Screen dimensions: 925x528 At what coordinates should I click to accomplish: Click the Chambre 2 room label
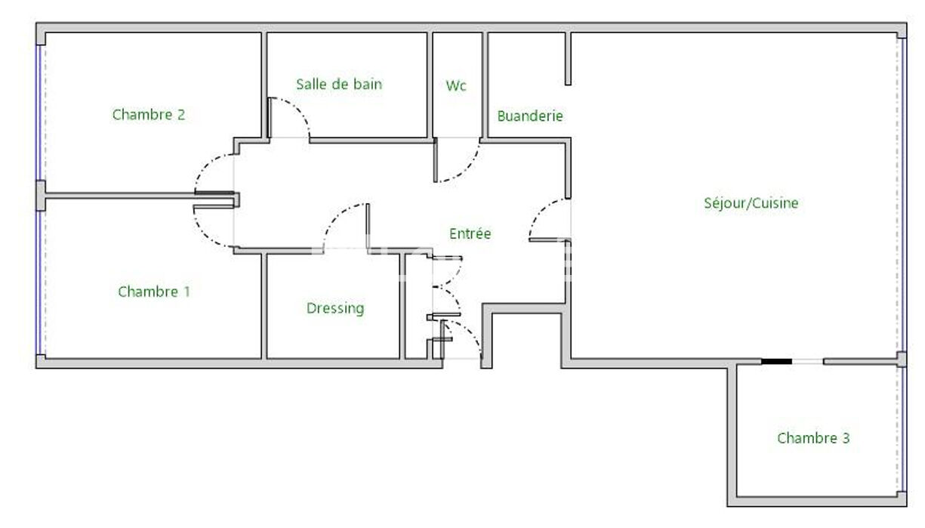(149, 115)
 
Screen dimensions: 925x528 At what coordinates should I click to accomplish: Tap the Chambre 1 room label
(154, 292)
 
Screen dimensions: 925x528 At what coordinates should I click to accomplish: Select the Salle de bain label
(339, 85)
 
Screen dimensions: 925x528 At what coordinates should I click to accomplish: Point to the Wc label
(456, 85)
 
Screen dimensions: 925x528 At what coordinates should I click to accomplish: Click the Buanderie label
(530, 116)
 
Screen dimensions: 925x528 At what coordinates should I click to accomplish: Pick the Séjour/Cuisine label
(751, 203)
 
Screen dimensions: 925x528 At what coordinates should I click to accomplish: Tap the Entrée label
(470, 234)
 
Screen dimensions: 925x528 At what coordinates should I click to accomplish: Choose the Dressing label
(335, 309)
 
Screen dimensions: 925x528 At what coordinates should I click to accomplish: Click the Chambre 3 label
(813, 438)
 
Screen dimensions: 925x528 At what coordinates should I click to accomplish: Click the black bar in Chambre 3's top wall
(776, 362)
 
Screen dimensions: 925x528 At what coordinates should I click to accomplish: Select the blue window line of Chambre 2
(38, 113)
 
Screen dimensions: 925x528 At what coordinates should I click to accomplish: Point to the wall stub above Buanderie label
(568, 58)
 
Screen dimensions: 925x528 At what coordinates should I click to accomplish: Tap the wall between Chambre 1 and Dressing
(264, 306)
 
